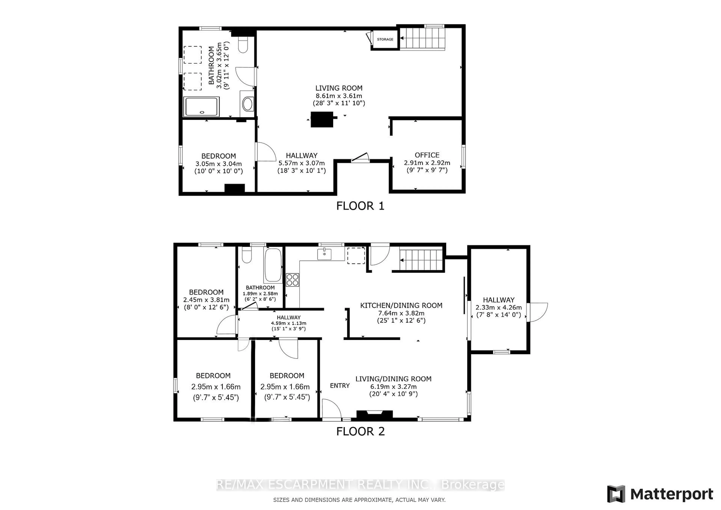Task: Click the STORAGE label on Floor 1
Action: click(x=385, y=39)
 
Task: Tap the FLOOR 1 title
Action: click(x=360, y=206)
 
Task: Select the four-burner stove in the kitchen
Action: click(x=292, y=280)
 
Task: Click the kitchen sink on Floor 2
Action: click(x=324, y=254)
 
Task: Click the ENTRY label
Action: click(x=340, y=386)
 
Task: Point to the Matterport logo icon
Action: click(x=616, y=494)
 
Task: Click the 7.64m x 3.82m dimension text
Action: click(x=401, y=313)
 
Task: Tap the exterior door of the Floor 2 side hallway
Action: click(x=537, y=312)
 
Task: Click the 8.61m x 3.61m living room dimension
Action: click(x=339, y=96)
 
